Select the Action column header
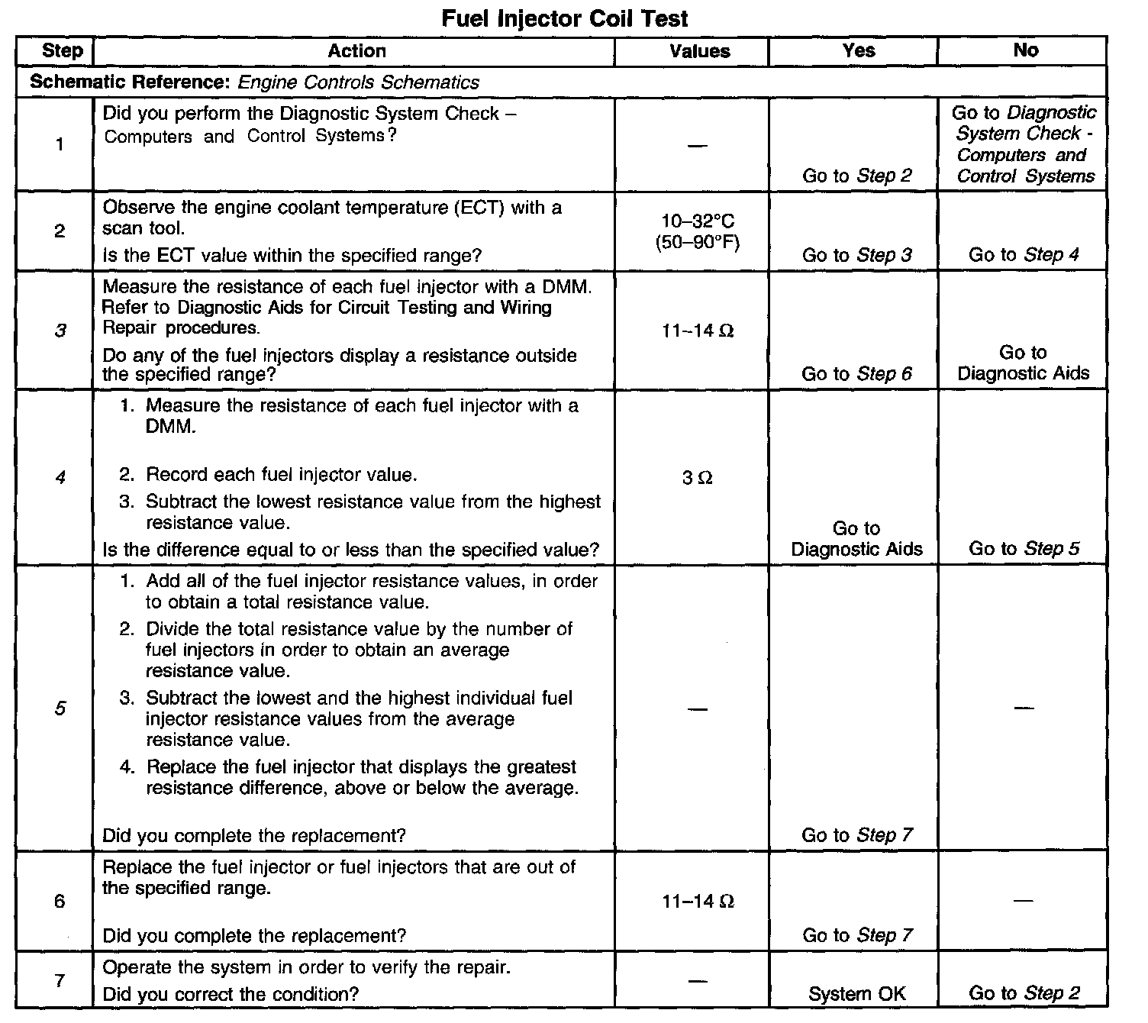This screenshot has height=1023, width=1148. coord(356,51)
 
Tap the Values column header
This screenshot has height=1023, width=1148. coord(699,51)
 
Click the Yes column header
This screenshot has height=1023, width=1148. coord(858,50)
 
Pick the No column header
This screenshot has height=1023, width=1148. coord(1025,50)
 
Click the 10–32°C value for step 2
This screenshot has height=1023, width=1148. coord(698,221)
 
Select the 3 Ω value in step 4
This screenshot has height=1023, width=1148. coord(698,478)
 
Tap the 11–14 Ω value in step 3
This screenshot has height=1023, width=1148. coord(698,331)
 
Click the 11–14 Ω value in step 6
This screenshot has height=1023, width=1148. coord(698,902)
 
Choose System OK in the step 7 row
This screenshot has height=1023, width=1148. coord(857,993)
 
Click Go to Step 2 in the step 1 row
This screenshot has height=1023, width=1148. coord(857,176)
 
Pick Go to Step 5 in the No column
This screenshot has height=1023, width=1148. coord(1024,548)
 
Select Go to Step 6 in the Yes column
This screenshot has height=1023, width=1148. coord(856,373)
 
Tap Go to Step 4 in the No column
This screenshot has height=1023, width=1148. coord(1024,254)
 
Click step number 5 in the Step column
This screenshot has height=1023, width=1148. coord(60,708)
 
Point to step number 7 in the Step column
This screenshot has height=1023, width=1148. coord(60,979)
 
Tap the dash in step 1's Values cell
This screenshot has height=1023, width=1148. coord(697,145)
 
